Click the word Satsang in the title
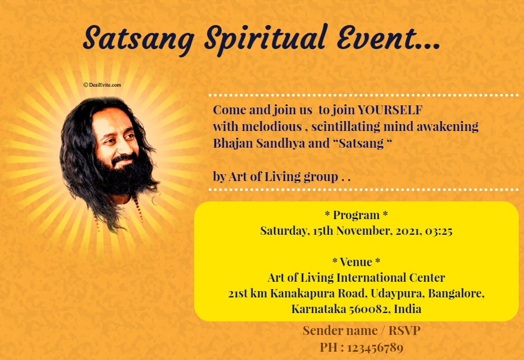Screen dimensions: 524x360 coord(139,39)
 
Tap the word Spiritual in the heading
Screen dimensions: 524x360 coord(265,39)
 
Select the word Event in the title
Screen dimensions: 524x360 coord(377,38)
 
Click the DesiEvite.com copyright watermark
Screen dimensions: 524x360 coord(102,85)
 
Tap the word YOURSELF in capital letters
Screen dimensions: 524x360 coord(390,110)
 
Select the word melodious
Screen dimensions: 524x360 coord(272,127)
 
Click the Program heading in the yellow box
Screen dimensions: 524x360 coord(356,215)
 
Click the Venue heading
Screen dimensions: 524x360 coord(356,262)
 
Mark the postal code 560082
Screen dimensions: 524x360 coord(370,309)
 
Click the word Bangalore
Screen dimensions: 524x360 coord(456,294)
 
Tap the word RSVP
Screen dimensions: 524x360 coord(404,331)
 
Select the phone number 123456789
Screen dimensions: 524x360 coord(375,347)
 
